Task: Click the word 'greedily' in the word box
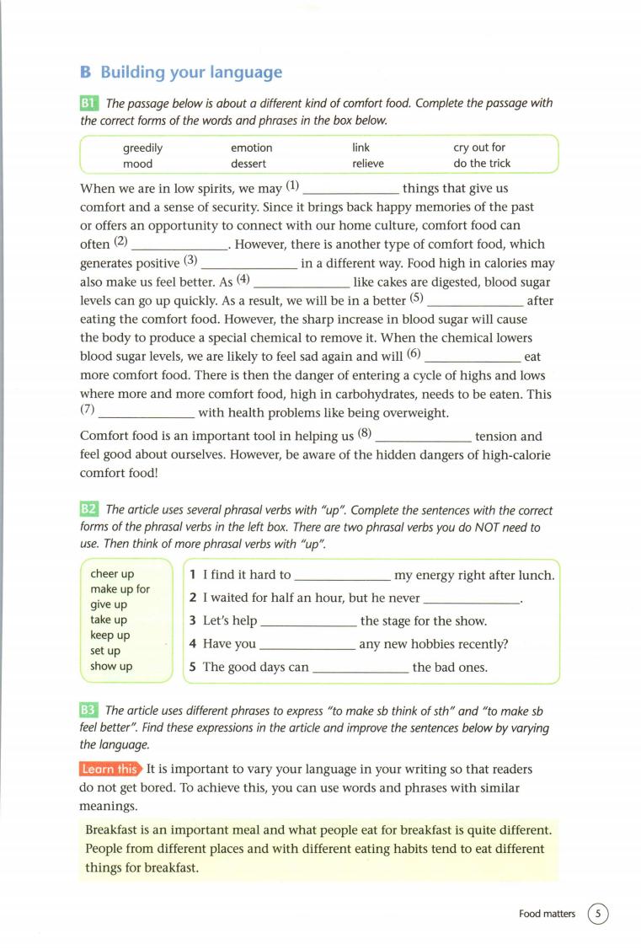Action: [x=142, y=148]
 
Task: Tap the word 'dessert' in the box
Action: [x=248, y=164]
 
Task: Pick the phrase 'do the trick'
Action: [x=482, y=164]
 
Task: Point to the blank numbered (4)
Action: [x=301, y=282]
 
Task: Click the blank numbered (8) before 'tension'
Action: [x=423, y=437]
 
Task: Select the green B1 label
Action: [x=89, y=104]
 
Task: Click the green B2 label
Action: [x=89, y=509]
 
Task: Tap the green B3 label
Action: [x=89, y=711]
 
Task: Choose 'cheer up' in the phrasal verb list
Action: [x=112, y=574]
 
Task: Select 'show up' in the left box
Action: [x=111, y=666]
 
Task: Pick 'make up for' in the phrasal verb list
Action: [x=120, y=589]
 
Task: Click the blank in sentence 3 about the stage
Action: [x=309, y=622]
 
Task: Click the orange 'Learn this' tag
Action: [x=110, y=769]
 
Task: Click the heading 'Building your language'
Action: [x=191, y=72]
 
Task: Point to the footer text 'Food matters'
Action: [x=547, y=914]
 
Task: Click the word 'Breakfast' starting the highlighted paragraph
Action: [x=113, y=829]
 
